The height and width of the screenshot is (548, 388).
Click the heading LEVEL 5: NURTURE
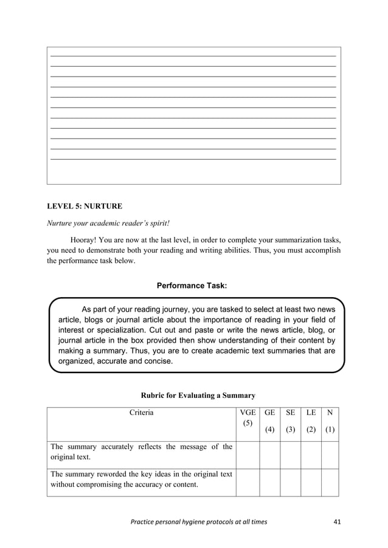[85, 206]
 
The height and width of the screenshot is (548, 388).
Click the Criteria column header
[141, 413]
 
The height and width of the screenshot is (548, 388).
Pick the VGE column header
[248, 413]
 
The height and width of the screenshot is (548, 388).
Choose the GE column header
[270, 413]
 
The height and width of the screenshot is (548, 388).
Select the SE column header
[291, 413]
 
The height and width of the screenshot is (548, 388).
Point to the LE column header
[311, 413]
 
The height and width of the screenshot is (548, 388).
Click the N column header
[330, 413]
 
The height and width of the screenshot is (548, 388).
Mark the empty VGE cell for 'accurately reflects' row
[248, 453]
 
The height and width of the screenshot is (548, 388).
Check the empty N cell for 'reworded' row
[330, 482]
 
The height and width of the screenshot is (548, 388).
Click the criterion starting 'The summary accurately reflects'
[141, 453]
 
